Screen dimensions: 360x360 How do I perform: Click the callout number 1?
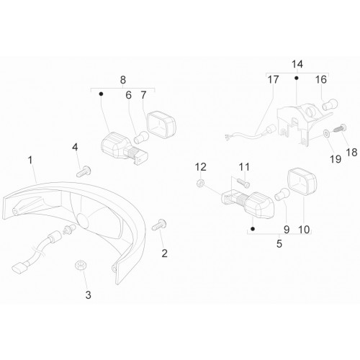coord(30,160)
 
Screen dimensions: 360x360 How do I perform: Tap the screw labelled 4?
coord(84,171)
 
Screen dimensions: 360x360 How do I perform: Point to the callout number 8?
coord(122,80)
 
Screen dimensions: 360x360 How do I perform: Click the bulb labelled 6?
coord(141,138)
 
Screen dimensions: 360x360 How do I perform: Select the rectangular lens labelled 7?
coord(161,125)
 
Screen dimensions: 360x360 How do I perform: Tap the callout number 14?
coord(297,64)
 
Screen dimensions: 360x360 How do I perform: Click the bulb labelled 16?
coord(330,104)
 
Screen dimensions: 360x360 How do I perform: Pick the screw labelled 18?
coord(340,128)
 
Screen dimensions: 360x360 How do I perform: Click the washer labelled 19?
coord(325,133)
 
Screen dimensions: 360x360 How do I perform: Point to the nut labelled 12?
coord(200,184)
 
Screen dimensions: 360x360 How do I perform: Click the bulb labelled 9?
coord(282,194)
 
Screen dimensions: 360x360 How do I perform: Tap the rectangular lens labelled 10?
coord(302,181)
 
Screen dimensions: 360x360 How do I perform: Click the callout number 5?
coord(279,243)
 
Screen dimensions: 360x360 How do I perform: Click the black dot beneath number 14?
coord(297,78)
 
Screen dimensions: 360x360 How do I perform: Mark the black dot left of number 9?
coord(253,229)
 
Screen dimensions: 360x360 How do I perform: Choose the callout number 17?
coord(273,80)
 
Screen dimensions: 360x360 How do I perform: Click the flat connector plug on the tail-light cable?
coord(19,266)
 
